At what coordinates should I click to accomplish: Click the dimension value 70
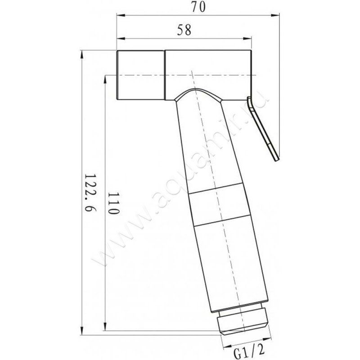[198, 7]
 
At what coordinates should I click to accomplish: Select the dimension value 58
[184, 30]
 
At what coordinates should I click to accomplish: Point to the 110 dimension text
[113, 203]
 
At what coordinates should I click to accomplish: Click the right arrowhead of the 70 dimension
[275, 15]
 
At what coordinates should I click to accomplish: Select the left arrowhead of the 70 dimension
[121, 15]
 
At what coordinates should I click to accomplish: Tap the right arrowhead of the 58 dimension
[247, 39]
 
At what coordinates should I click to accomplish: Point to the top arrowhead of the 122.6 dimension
[81, 54]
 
